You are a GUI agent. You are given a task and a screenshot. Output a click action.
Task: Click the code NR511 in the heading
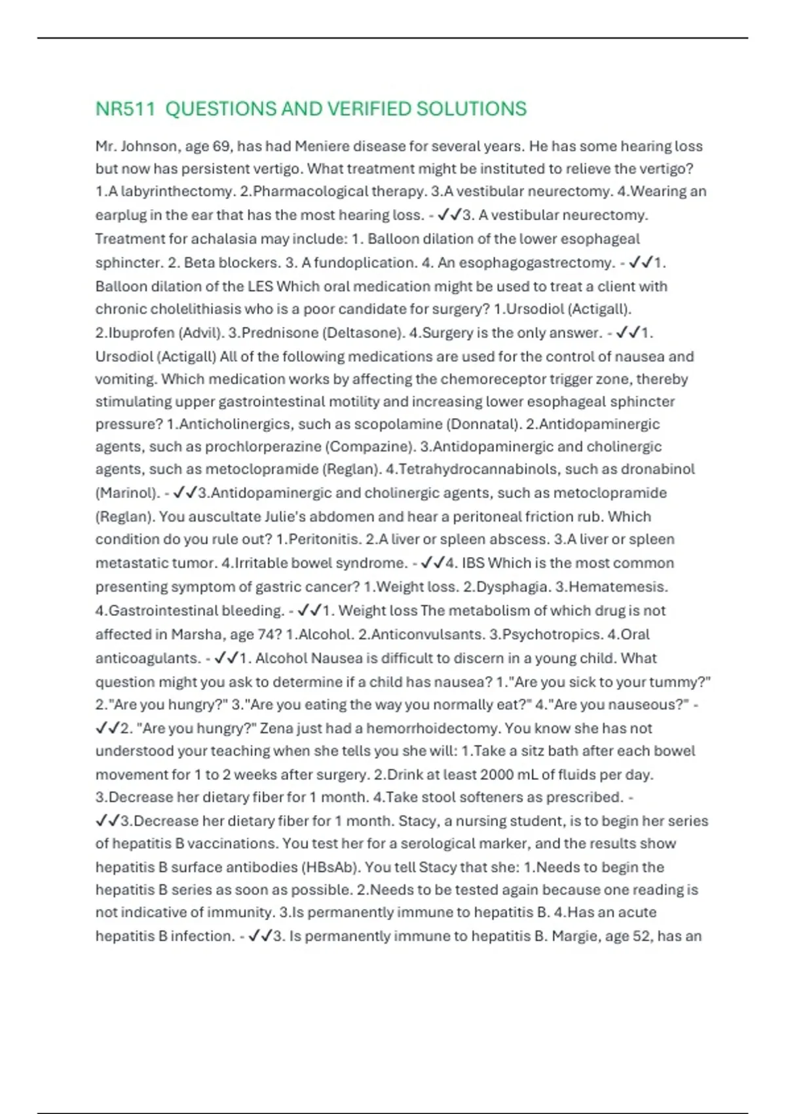tap(125, 109)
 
